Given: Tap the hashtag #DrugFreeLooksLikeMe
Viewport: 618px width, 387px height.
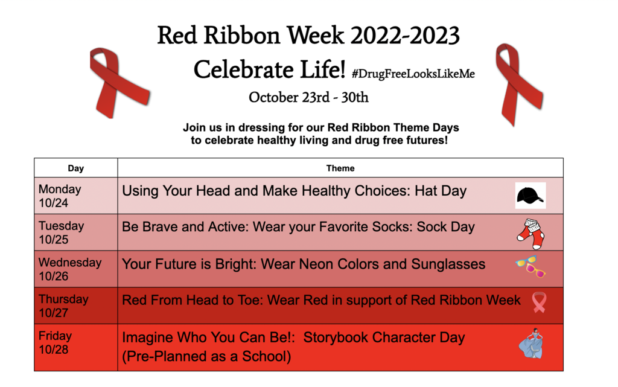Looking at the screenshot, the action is tap(413, 74).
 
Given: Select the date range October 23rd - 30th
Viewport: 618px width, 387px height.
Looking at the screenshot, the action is tap(308, 97).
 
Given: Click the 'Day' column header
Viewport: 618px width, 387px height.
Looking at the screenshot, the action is tap(75, 168).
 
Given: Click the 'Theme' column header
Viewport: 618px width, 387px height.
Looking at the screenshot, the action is tap(340, 168).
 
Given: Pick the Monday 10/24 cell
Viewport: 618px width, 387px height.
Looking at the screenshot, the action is tap(75, 196).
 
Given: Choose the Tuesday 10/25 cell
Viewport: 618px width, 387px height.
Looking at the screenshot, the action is tap(75, 232).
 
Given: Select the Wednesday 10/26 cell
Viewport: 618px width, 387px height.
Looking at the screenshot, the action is tap(75, 269).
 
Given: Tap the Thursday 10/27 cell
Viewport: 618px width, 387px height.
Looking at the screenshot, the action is tap(75, 306).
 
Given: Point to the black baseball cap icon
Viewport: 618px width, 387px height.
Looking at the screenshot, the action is tap(530, 196).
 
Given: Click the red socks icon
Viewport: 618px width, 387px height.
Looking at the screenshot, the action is tap(531, 234).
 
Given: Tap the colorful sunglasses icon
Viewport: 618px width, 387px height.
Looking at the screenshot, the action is tap(530, 267).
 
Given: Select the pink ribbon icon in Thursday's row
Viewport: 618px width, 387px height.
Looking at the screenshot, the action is tap(539, 302).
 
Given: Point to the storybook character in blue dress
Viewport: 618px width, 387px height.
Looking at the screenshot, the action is tap(531, 344).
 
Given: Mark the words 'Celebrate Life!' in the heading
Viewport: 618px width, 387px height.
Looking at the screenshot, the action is tap(270, 70).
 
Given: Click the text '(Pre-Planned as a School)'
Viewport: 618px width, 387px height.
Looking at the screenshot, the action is tap(206, 356).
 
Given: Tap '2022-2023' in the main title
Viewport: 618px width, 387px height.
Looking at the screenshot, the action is tap(405, 36).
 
